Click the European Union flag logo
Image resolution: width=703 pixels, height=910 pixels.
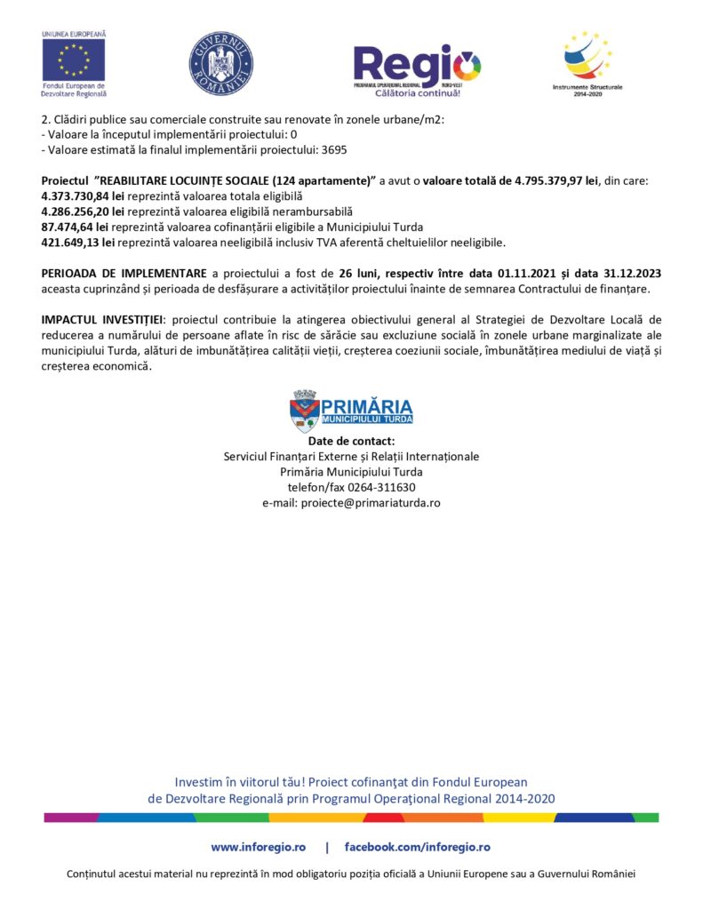[73, 60]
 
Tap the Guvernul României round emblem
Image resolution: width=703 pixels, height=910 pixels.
[220, 64]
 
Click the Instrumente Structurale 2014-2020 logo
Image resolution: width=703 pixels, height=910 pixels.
[587, 58]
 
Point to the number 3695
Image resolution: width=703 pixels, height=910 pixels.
[333, 150]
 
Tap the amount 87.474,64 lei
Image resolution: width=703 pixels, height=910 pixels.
[76, 227]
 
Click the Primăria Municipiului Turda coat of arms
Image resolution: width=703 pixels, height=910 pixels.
[305, 410]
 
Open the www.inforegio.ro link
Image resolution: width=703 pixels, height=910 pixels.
[258, 847]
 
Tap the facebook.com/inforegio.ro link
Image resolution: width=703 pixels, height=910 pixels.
[417, 847]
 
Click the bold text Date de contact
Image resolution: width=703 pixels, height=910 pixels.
[351, 441]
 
